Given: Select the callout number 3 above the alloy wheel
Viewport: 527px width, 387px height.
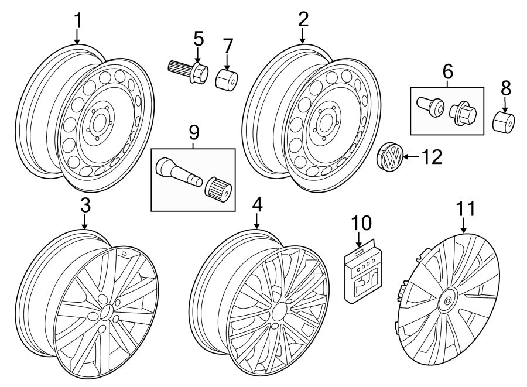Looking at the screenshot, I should [x=85, y=206].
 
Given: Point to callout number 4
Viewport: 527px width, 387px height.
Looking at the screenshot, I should [x=256, y=205].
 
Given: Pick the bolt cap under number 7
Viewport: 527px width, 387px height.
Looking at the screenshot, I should [x=226, y=80].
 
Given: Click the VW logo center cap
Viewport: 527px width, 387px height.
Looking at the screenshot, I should [x=389, y=158].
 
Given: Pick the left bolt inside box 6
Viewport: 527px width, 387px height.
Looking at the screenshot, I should [x=429, y=107].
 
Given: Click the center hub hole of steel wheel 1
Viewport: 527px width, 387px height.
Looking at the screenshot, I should [x=97, y=124].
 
